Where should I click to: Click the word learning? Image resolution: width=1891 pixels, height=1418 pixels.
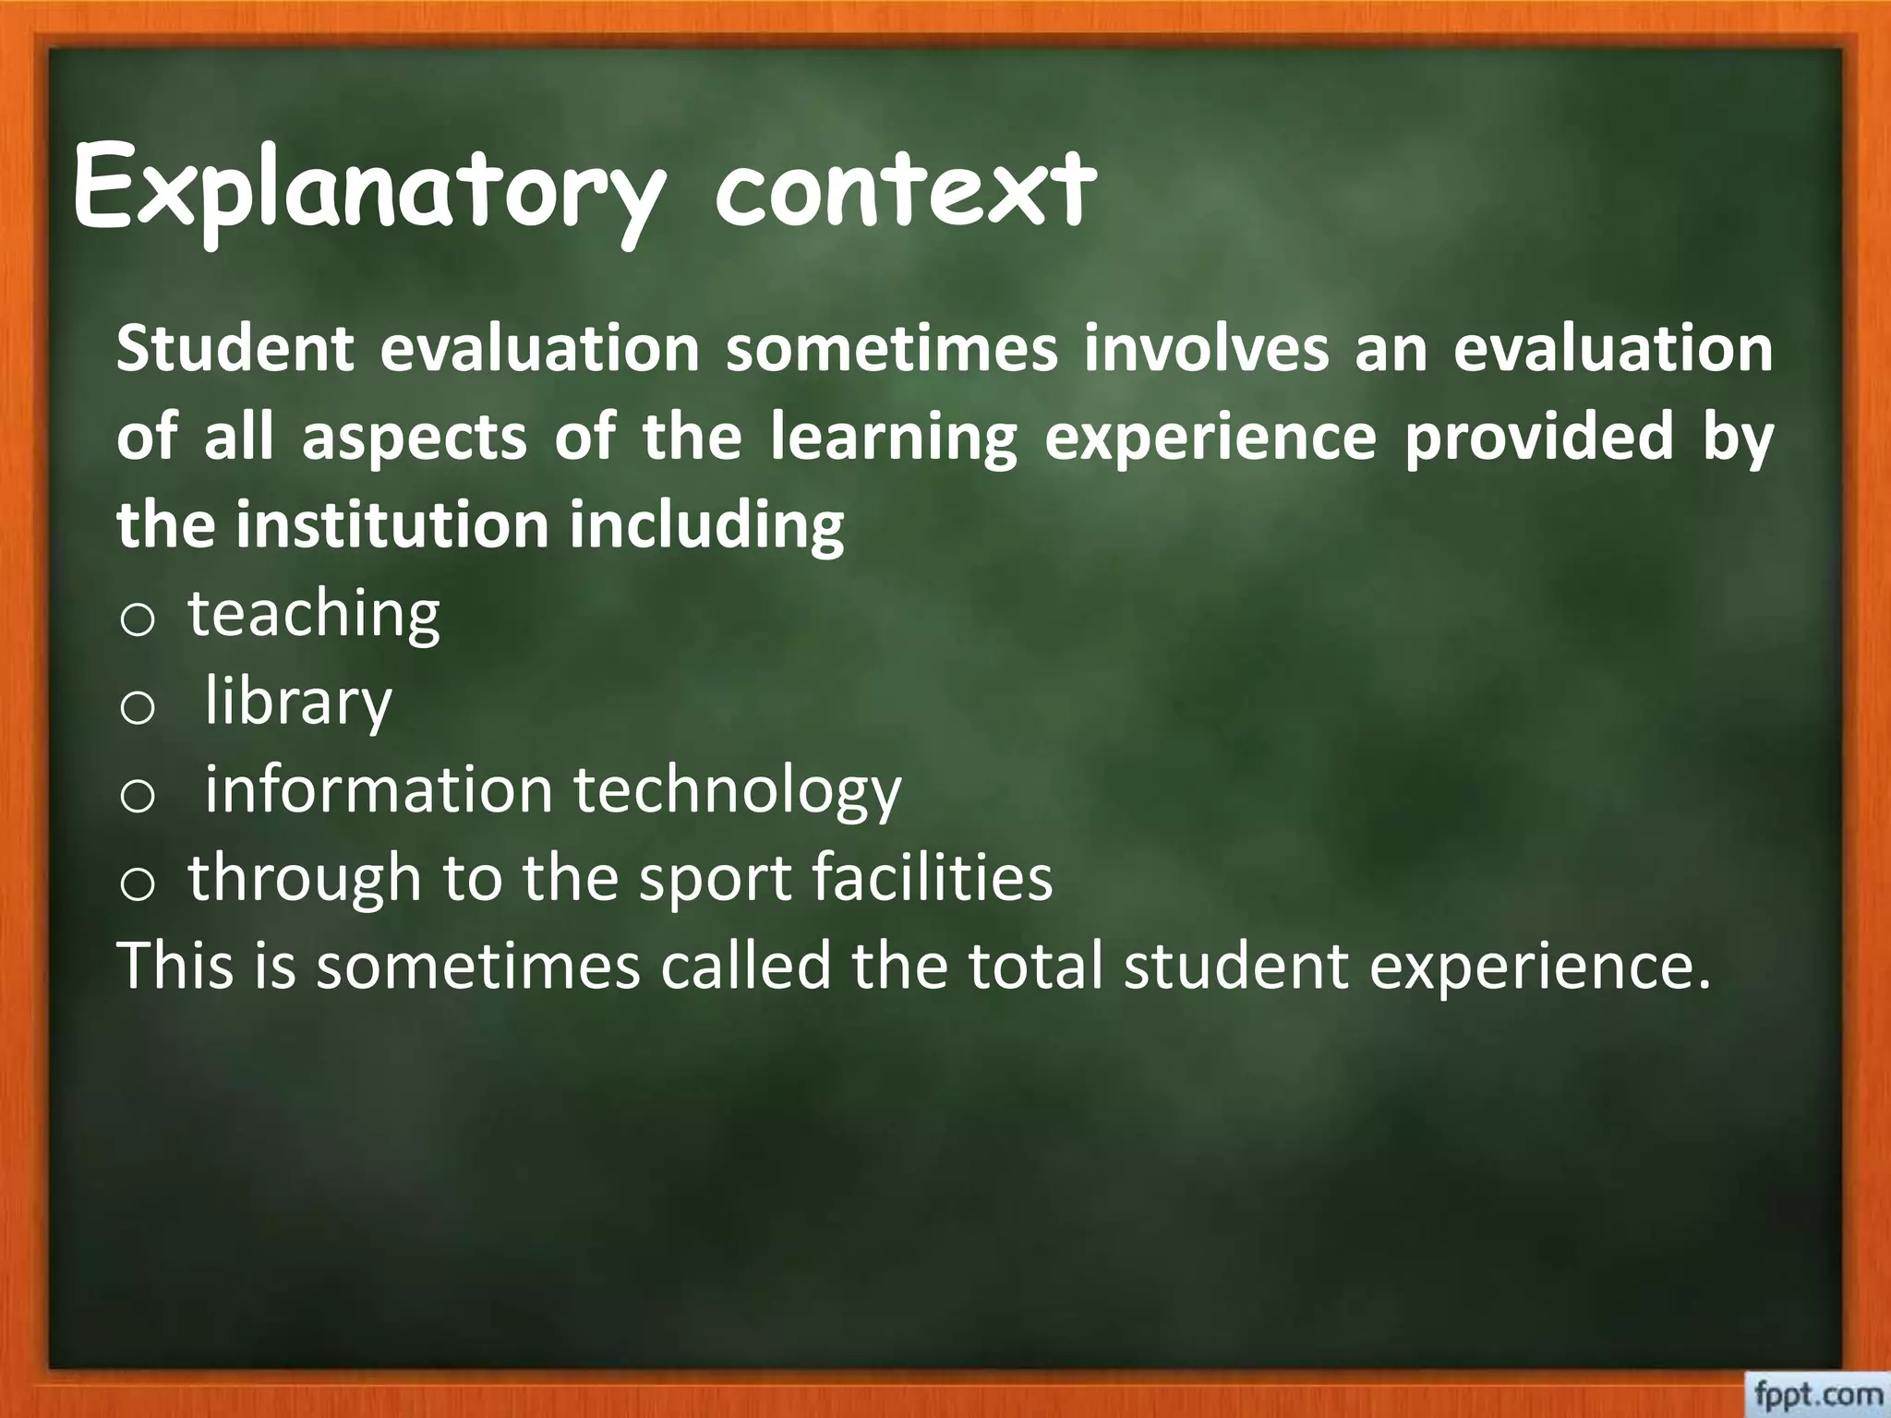coord(893,439)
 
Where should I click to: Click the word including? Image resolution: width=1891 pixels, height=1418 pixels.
coord(705,525)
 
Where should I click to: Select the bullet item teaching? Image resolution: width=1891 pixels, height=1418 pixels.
coord(314,613)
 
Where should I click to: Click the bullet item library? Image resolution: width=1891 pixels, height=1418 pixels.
coord(298,702)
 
